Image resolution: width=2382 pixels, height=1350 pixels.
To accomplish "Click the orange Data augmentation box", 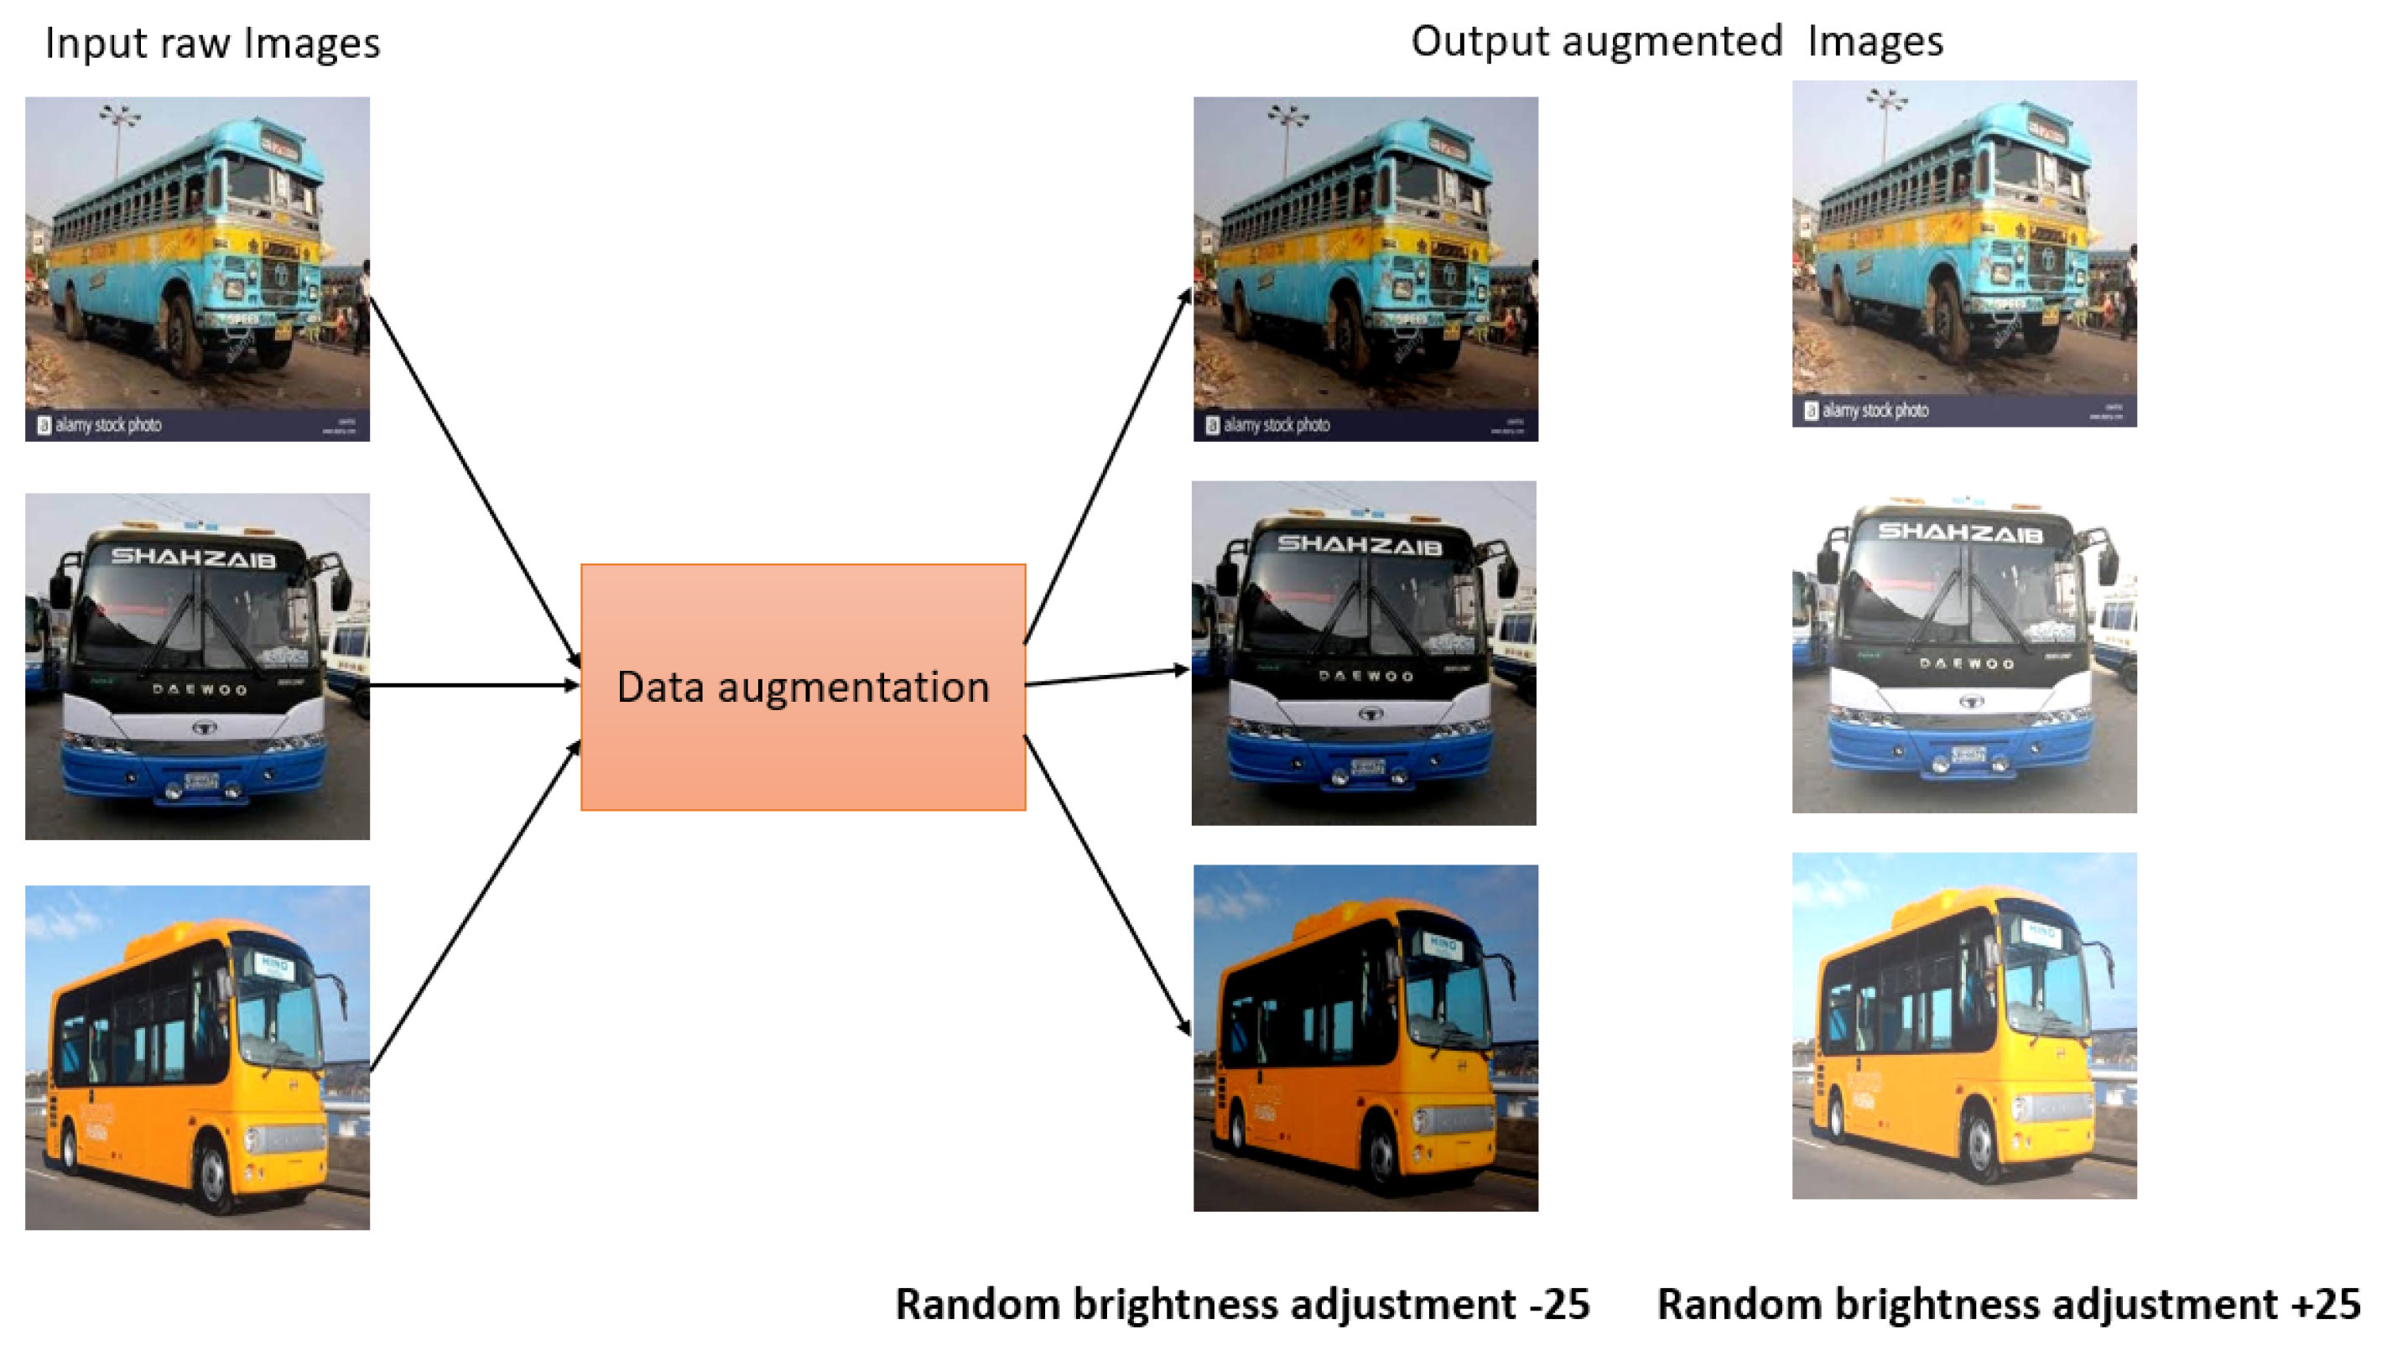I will coord(802,687).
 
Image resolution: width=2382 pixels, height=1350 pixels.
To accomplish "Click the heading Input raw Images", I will coord(212,44).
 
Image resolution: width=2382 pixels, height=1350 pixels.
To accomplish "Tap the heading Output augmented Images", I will coord(1676,42).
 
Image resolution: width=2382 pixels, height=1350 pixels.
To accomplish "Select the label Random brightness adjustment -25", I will coord(1241,1303).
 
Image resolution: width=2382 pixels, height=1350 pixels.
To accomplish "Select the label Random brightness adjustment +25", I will coord(2007,1303).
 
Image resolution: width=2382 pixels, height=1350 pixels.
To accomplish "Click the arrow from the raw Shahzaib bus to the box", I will coord(473,685).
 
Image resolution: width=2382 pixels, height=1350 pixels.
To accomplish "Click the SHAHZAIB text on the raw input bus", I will coord(193,558).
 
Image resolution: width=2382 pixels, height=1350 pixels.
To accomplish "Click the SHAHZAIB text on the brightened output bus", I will coord(1959,532).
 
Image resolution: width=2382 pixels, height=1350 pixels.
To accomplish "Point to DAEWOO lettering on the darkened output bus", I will coord(1365,676).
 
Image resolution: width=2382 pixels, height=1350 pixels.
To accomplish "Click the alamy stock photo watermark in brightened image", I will coord(1874,411).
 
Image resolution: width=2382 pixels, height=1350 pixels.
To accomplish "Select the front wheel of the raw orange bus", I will coord(215,1178).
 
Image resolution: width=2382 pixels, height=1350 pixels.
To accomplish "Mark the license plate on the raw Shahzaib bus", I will coord(200,781).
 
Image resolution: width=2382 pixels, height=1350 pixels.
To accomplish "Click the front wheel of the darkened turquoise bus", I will coord(1352,334).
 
